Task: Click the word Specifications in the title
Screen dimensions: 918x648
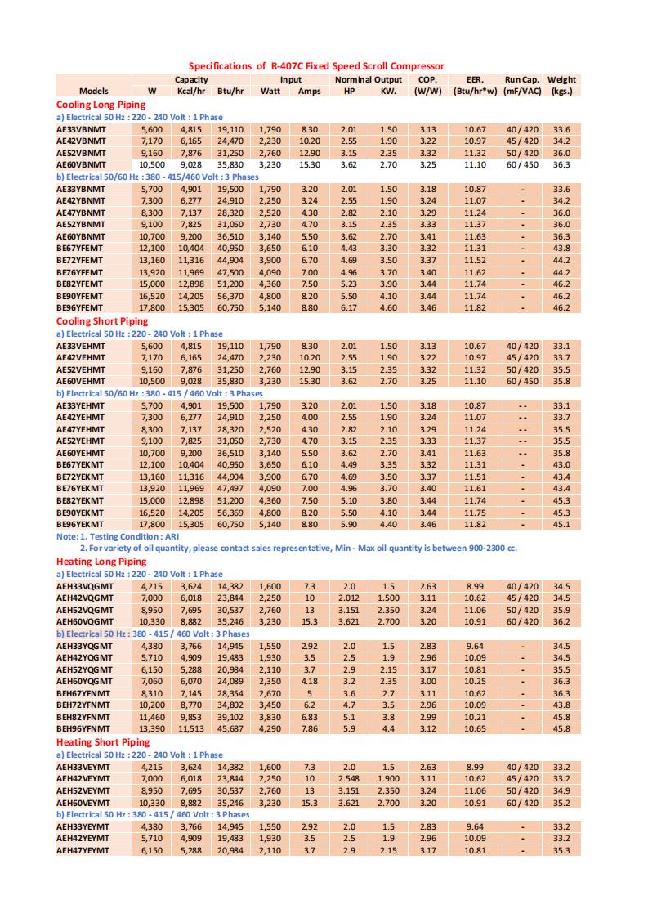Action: [220, 65]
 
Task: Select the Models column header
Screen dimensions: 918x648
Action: [94, 91]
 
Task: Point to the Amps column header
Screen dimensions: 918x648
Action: [309, 91]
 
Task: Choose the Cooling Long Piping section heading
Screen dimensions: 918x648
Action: [101, 105]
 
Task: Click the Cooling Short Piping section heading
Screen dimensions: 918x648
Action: [102, 321]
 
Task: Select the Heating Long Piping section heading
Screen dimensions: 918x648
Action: [101, 562]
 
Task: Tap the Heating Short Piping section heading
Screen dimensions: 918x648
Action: [103, 742]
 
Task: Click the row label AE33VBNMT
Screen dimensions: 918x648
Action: [81, 129]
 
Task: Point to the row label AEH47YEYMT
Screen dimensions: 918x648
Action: [83, 850]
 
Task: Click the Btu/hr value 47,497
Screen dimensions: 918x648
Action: [230, 488]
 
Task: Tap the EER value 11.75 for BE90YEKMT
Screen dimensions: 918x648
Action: [475, 512]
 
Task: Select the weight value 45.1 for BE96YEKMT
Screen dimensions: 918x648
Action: [561, 524]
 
